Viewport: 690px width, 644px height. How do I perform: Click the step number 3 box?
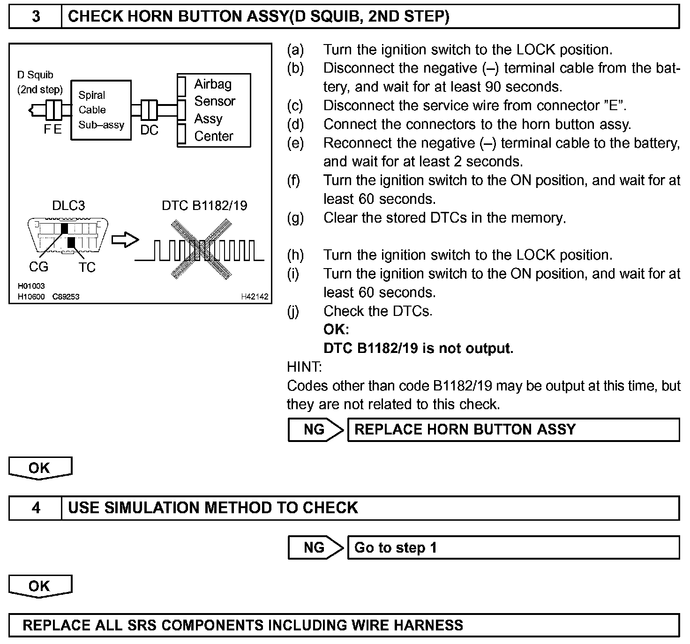point(36,17)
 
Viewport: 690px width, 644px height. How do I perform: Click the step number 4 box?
point(36,508)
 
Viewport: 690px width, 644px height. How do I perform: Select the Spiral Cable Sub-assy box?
point(101,110)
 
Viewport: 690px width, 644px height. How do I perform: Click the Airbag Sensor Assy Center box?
point(214,110)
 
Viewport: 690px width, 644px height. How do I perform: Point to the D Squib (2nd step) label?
point(39,82)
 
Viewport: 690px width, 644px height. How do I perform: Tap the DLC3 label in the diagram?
point(68,205)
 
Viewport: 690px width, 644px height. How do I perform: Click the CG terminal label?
point(38,267)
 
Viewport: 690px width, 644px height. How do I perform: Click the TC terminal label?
point(87,267)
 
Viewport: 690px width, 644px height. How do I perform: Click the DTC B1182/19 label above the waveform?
point(204,205)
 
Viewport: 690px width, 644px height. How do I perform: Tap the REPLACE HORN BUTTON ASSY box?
point(513,430)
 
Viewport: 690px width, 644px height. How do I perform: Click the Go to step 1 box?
point(513,547)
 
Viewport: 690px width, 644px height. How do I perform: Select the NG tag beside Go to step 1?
point(315,547)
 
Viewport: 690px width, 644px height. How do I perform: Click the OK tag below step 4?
point(39,586)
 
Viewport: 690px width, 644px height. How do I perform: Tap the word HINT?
point(304,367)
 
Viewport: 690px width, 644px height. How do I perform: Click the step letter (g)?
point(295,218)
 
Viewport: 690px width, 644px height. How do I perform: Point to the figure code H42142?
point(255,296)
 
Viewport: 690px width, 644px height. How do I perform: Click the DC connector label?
point(149,130)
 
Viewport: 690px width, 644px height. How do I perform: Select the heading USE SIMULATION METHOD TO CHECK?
point(213,508)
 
